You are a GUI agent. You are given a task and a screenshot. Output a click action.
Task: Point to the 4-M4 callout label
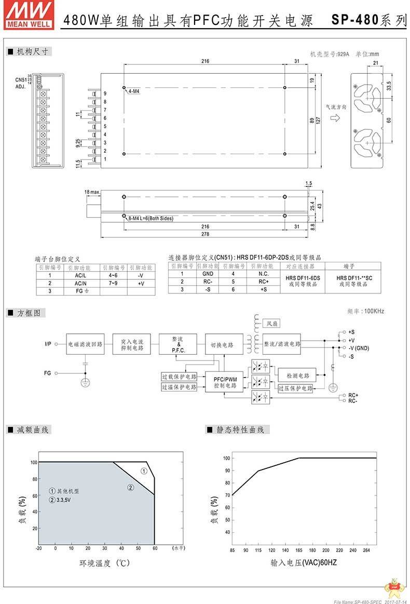click(x=134, y=91)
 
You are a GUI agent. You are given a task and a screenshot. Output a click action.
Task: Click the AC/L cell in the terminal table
click(x=79, y=276)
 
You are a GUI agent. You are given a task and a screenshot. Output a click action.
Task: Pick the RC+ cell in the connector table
click(x=263, y=281)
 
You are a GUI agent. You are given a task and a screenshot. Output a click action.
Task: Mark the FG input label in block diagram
click(x=48, y=373)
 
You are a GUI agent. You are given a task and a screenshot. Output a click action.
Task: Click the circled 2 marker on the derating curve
click(x=131, y=487)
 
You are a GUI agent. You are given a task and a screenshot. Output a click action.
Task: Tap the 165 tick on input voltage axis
click(x=299, y=550)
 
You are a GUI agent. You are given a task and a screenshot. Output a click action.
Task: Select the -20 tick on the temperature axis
click(x=39, y=548)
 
